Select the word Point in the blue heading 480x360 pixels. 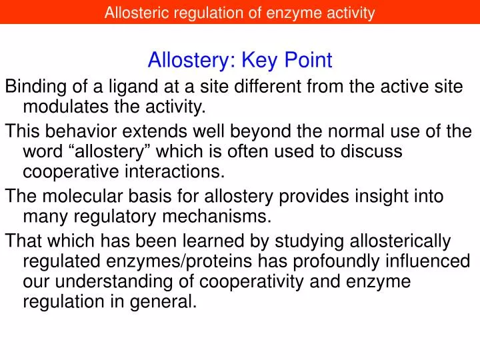point(309,61)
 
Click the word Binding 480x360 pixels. point(33,86)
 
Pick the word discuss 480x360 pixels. point(373,151)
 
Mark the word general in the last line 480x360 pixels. point(167,301)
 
